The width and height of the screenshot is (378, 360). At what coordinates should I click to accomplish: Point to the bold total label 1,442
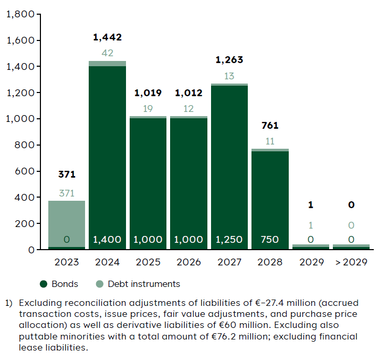107,37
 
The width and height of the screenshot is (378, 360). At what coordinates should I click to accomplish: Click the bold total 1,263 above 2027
229,60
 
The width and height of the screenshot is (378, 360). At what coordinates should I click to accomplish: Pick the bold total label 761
270,126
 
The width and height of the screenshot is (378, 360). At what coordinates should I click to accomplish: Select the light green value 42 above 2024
107,53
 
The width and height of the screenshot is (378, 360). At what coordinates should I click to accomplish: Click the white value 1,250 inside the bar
229,240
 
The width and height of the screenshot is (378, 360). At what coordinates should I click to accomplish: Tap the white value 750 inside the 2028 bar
270,240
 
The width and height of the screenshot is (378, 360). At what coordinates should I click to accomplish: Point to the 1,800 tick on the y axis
20,15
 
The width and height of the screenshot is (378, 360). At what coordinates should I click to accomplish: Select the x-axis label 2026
188,262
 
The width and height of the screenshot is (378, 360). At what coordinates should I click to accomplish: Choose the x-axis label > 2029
351,262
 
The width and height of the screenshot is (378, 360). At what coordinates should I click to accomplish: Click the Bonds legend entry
59,284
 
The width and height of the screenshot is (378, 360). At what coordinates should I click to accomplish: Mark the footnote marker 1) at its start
9,303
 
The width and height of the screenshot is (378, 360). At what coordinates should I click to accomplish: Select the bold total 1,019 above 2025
148,94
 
